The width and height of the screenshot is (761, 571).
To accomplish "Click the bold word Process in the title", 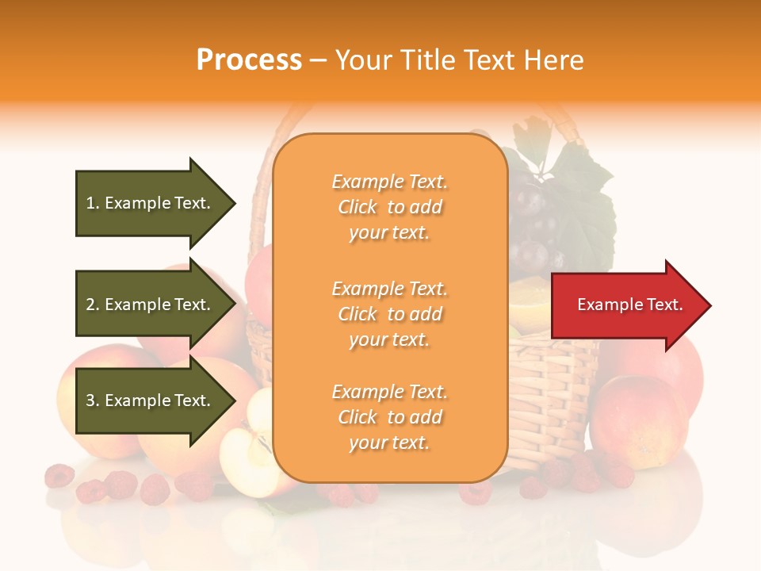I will [249, 60].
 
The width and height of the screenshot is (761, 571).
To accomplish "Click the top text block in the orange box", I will [390, 207].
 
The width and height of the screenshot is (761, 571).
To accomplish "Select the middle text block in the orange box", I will [390, 314].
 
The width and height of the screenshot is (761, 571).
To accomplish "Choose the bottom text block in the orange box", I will [390, 417].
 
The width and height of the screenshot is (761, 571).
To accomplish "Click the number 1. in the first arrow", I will [93, 203].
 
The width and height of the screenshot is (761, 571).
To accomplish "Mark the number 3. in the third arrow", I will [93, 400].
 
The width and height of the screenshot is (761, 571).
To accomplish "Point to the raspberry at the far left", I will [59, 476].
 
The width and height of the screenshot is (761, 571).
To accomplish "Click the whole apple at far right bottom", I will [638, 420].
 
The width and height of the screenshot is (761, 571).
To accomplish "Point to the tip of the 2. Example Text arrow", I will [234, 305].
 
